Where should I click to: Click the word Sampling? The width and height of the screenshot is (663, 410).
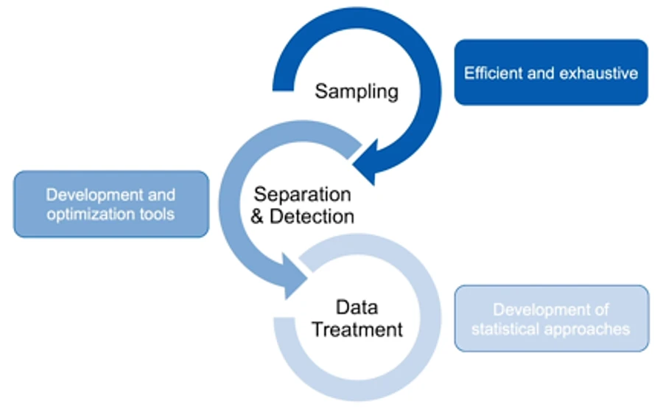(x=357, y=91)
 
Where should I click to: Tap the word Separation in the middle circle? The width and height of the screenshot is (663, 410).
(x=303, y=195)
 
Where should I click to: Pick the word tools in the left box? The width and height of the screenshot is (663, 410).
(x=155, y=215)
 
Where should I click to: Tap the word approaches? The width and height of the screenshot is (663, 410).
(x=590, y=329)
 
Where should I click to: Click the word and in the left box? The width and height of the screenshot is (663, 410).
(x=160, y=195)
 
